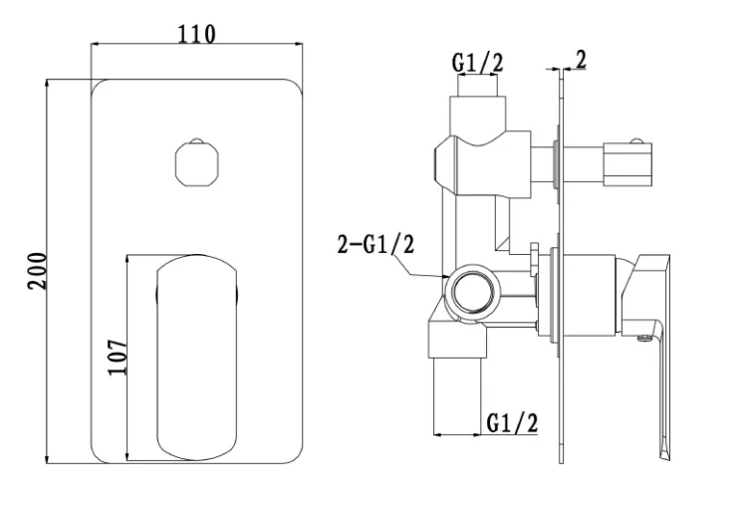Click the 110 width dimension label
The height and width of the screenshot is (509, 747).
pyautogui.click(x=196, y=34)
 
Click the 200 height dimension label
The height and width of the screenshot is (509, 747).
pyautogui.click(x=37, y=271)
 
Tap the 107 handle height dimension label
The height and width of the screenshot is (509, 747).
pyautogui.click(x=118, y=357)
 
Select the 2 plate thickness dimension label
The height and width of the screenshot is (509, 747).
pyautogui.click(x=582, y=60)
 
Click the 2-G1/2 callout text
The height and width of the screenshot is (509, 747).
pyautogui.click(x=375, y=244)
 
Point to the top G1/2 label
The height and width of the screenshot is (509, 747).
pyautogui.click(x=477, y=63)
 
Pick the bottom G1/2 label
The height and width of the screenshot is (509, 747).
pyautogui.click(x=512, y=422)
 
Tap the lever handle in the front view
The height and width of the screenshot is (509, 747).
pyautogui.click(x=197, y=358)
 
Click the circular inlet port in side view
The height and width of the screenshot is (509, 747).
pyautogui.click(x=472, y=293)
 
